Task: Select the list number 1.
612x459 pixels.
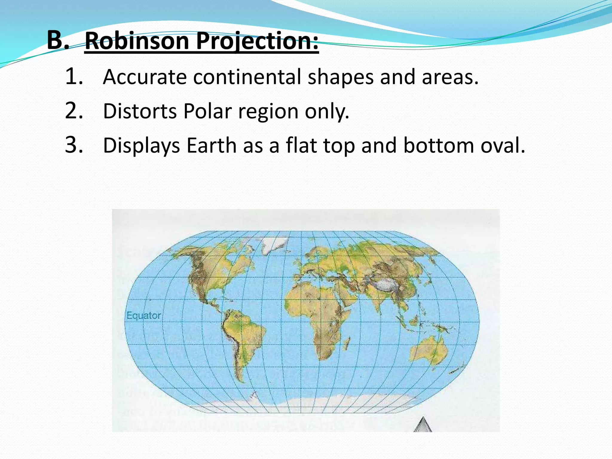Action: coord(74,76)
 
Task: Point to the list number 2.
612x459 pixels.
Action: coord(74,111)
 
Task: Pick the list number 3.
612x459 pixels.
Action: coord(74,145)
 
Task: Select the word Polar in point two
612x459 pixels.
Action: coord(207,111)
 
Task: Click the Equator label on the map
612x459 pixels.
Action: coord(143,316)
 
